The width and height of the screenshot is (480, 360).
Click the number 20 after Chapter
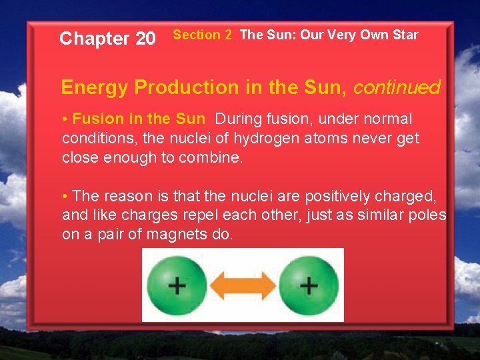(x=145, y=39)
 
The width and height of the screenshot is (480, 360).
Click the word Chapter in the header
(x=95, y=39)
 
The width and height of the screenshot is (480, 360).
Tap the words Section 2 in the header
(x=202, y=35)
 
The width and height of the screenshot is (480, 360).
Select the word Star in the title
(x=404, y=35)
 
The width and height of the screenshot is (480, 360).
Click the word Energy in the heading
(x=94, y=87)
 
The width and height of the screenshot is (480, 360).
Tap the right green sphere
(x=308, y=285)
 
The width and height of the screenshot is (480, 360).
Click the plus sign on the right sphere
(x=309, y=286)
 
